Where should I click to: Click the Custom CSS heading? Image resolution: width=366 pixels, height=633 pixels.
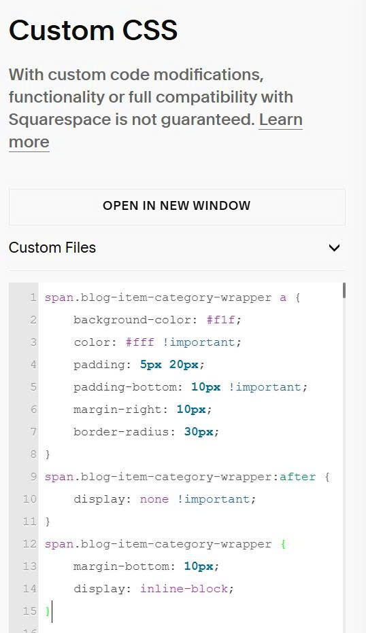click(93, 31)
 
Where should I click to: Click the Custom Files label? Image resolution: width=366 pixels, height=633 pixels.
click(52, 247)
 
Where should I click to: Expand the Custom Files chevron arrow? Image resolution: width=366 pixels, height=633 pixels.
click(335, 247)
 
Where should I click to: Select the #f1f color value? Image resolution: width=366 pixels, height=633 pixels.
click(220, 320)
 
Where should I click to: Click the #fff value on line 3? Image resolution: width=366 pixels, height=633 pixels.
click(139, 342)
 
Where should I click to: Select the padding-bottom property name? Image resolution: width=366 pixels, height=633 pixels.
click(125, 387)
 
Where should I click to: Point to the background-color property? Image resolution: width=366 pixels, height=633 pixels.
click(131, 320)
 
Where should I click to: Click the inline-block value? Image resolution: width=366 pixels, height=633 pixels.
click(184, 589)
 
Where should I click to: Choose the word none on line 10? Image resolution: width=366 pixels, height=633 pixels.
click(154, 499)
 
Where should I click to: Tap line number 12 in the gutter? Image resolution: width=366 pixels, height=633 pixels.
click(29, 544)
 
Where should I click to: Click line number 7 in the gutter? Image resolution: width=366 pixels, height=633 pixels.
click(33, 432)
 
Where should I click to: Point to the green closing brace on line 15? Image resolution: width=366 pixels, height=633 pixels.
click(48, 611)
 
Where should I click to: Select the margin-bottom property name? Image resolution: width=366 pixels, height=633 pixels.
click(121, 566)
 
